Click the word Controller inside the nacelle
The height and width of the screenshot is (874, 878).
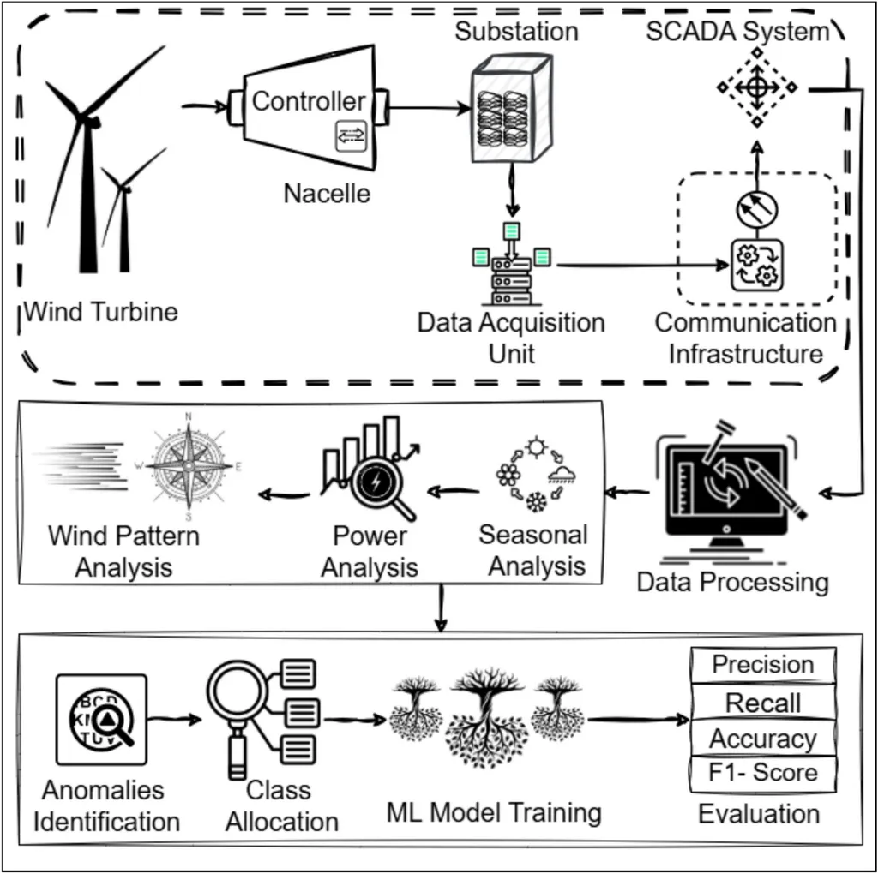click(x=309, y=101)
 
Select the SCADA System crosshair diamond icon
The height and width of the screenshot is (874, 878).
click(x=756, y=87)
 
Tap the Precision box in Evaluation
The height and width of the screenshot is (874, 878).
click(x=762, y=665)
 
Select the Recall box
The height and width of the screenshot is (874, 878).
click(x=762, y=703)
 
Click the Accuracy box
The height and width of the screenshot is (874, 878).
click(x=762, y=739)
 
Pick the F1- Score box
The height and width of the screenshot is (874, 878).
click(x=762, y=773)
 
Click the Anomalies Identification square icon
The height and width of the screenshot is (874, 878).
click(x=101, y=719)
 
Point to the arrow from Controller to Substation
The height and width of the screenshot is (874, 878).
click(x=429, y=109)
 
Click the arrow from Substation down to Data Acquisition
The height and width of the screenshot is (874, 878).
click(x=513, y=190)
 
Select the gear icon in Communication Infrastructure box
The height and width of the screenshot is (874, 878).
click(x=756, y=265)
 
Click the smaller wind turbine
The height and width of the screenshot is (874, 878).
click(x=125, y=214)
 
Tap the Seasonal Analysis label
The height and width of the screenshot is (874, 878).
click(x=533, y=550)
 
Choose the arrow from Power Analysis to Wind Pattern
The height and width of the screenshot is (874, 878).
click(x=285, y=494)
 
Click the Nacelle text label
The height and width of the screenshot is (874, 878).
click(x=327, y=193)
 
